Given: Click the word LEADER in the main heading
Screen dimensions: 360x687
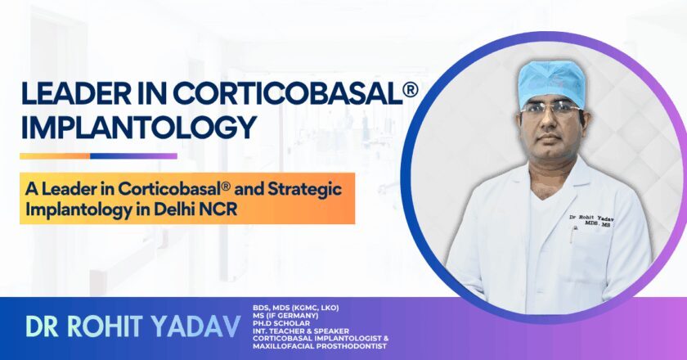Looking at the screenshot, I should [73, 94].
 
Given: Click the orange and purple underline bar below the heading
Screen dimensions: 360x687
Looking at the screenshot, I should [98, 155].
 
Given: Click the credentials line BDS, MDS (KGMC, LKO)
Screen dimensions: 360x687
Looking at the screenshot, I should [295, 307].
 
